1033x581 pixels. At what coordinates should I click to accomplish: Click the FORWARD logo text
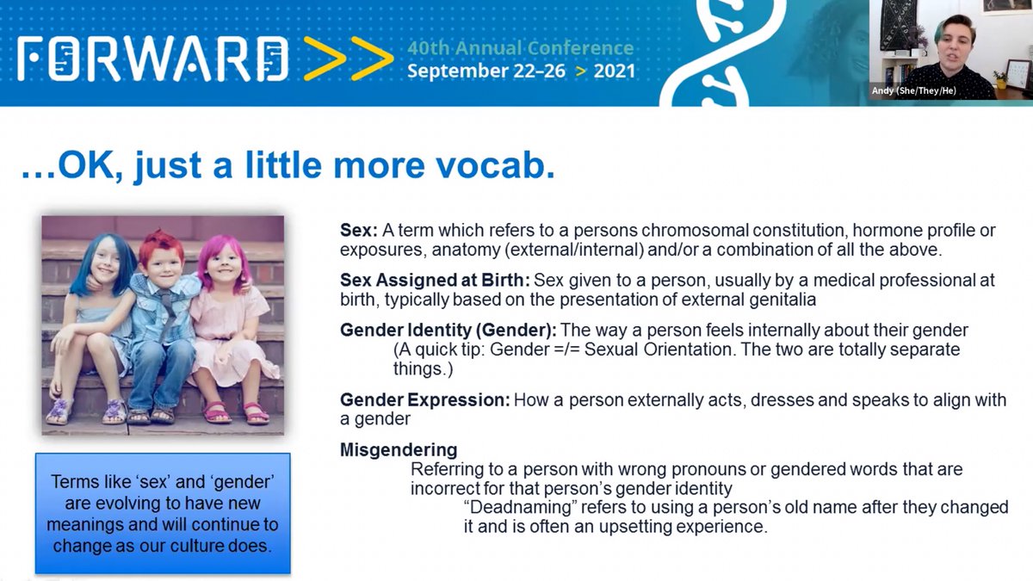(x=153, y=59)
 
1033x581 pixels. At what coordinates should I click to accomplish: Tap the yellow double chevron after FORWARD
(x=349, y=59)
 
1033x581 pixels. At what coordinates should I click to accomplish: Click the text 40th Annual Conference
(x=521, y=48)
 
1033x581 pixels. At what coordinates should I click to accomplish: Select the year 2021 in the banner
(x=615, y=71)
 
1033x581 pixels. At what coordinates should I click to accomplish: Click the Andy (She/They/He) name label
(x=913, y=91)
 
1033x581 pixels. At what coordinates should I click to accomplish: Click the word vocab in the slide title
(x=491, y=165)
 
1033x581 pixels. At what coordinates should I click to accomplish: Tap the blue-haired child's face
(x=106, y=266)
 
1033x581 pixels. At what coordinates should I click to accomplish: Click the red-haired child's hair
(x=161, y=246)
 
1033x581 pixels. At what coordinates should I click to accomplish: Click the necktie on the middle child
(x=167, y=312)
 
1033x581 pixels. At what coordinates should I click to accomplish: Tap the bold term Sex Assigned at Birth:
(x=435, y=280)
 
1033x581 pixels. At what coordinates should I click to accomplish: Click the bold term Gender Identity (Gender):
(x=448, y=331)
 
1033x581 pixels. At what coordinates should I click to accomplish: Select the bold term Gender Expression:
(x=425, y=399)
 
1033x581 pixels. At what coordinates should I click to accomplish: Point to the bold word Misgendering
(x=399, y=449)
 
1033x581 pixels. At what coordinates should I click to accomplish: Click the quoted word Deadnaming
(x=521, y=507)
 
